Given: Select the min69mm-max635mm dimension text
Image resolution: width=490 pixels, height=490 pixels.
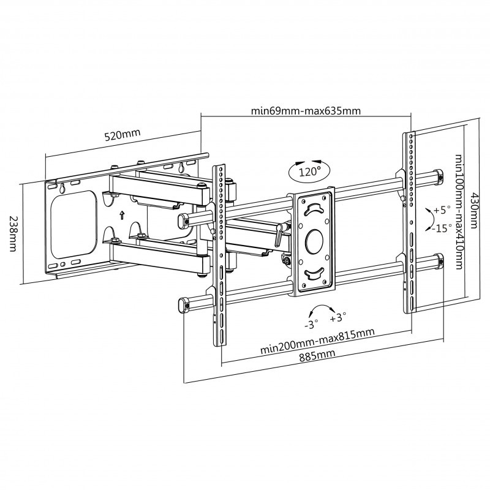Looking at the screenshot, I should click(306, 111).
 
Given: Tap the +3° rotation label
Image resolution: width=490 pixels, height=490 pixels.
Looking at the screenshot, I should click(337, 317).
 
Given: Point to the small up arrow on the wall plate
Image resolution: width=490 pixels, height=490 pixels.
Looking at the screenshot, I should click(121, 215).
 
